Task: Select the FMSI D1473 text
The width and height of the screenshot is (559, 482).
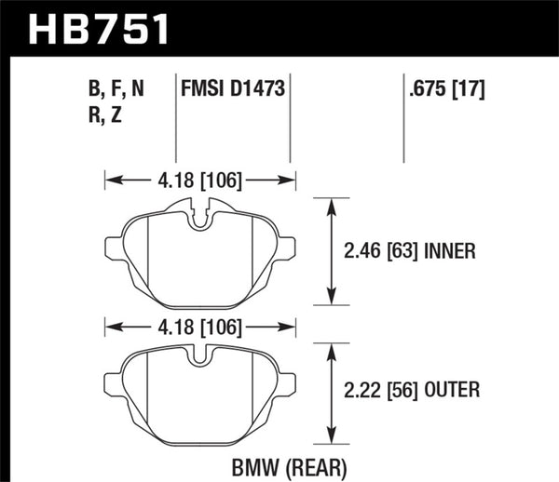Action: (232, 90)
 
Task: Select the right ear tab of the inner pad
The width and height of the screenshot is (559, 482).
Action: (289, 248)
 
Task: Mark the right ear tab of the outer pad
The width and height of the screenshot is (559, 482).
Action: (289, 381)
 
